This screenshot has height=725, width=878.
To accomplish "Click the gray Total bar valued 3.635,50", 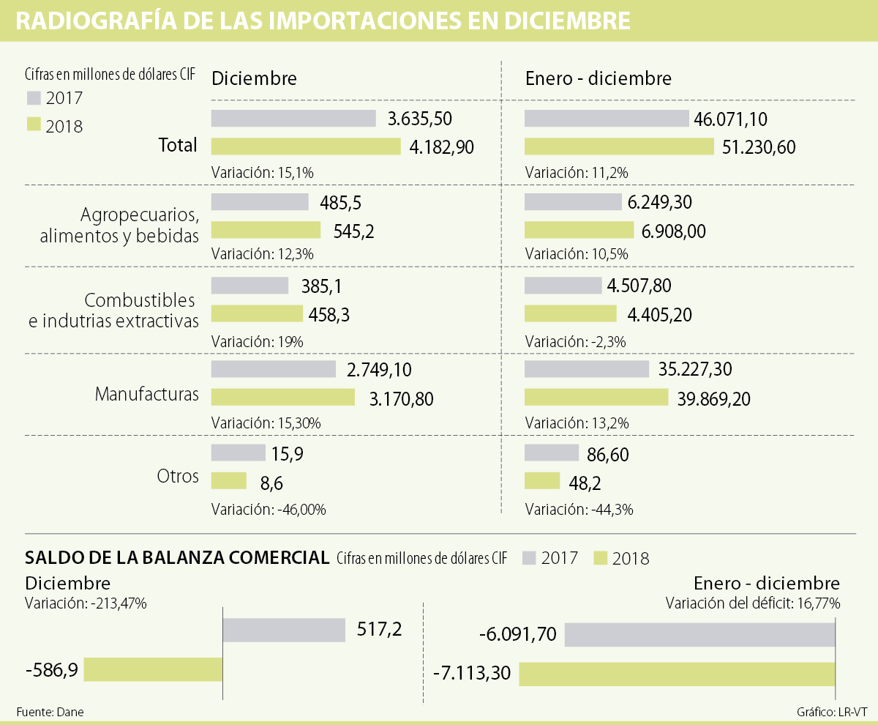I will click(x=293, y=119).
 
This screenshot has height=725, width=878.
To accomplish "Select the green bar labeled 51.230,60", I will click(x=619, y=146).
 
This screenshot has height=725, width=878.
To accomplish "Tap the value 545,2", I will click(x=355, y=231).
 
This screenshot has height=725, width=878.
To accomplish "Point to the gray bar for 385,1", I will click(x=249, y=286).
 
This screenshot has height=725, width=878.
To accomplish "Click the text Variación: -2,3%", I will click(x=576, y=341).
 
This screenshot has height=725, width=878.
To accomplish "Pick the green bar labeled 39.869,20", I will click(x=596, y=397).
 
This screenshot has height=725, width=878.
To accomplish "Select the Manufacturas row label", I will click(x=147, y=395).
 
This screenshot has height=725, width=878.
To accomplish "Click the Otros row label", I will click(x=178, y=476).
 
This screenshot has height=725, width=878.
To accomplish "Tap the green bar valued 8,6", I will click(x=229, y=480).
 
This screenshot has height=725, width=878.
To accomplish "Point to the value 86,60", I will click(x=608, y=455).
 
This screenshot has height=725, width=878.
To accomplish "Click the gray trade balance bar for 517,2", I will click(x=284, y=630).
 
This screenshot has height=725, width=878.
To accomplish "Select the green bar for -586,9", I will click(x=153, y=669).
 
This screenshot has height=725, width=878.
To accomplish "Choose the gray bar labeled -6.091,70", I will click(x=699, y=635).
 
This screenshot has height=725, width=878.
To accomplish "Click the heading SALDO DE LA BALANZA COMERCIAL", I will click(x=177, y=557).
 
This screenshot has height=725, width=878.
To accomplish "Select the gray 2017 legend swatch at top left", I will click(x=34, y=98).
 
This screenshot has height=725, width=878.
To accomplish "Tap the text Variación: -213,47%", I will click(x=86, y=604).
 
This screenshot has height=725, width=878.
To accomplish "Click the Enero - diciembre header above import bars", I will click(x=599, y=78).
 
